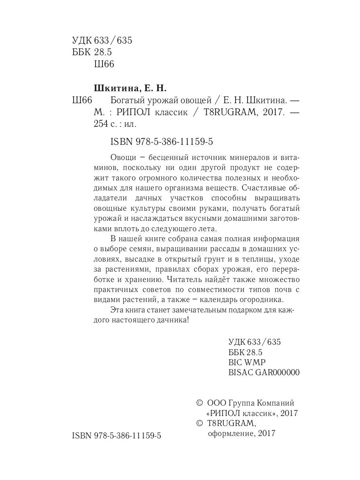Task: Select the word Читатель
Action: pos(184,279)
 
